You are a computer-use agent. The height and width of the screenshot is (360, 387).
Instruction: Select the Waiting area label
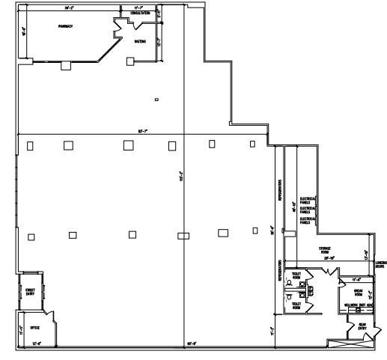139,42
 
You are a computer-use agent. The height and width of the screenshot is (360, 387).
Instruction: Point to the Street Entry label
31,291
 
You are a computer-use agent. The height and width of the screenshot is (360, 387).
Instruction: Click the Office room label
34,327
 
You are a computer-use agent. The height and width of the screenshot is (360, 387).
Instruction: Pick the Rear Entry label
362,326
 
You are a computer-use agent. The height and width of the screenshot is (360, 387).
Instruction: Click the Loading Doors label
380,263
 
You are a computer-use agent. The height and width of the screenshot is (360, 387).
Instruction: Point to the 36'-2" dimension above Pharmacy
69,7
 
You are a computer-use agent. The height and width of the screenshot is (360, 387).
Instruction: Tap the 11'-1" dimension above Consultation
138,7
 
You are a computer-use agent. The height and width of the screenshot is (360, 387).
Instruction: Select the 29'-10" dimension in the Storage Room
328,258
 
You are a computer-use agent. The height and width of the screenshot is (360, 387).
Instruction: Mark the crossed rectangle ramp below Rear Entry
350,343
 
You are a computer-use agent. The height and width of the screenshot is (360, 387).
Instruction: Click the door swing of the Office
46,314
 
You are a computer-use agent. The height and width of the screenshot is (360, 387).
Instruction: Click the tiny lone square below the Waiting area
156,99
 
